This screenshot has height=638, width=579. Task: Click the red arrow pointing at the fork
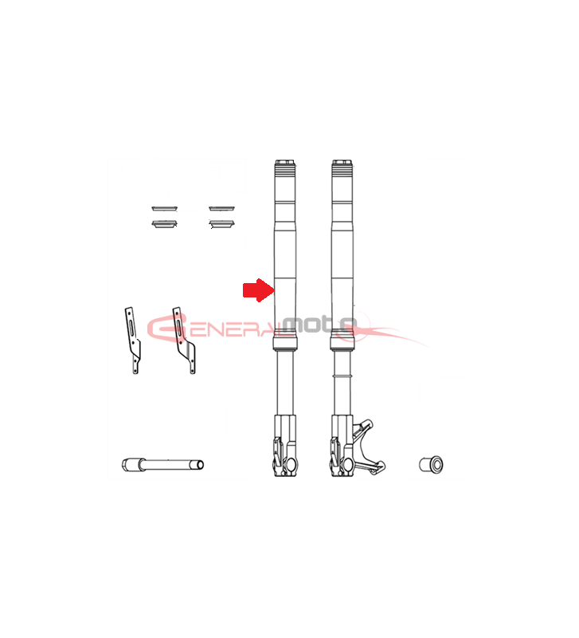pos(258,290)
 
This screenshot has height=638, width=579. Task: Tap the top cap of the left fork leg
pos(285,163)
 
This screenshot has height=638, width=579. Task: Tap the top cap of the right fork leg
pos(342,163)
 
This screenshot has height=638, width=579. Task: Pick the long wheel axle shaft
pos(162,464)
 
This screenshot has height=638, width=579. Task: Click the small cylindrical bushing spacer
pos(431,464)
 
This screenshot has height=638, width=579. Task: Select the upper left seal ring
pos(165,209)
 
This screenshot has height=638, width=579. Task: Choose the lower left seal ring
pos(165,224)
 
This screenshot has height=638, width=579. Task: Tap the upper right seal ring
pos(222,209)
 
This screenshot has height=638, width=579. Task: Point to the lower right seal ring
pos(222,224)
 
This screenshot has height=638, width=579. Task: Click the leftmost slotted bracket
pos(132,341)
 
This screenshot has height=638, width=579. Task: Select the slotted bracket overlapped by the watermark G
pos(184,341)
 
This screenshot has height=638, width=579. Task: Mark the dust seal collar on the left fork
pos(285,343)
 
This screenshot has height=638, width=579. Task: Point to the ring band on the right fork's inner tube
pos(342,376)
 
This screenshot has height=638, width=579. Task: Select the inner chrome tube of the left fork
pos(285,383)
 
